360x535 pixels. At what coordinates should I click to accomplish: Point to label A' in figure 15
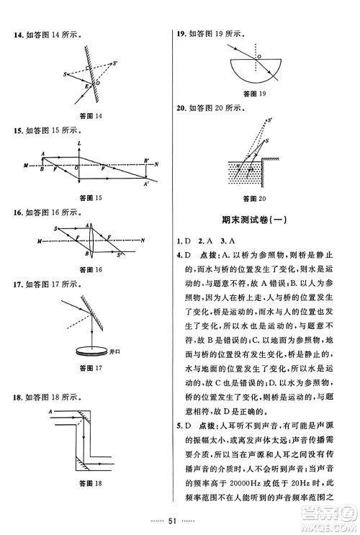pos(146,186)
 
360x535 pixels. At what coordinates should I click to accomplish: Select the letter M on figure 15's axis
pos(27,166)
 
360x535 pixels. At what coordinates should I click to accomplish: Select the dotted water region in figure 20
pos(243,172)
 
